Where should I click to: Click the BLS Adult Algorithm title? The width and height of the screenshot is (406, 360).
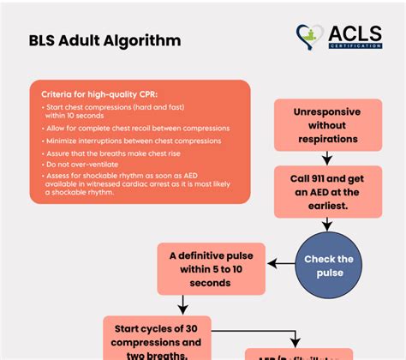tap(104, 40)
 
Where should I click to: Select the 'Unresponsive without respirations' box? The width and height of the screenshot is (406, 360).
tap(326, 124)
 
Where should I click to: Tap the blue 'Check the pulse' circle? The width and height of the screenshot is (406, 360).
tap(329, 266)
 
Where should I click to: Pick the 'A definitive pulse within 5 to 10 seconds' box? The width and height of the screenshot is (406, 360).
tap(210, 268)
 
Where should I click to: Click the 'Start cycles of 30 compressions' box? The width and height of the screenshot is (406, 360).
tap(157, 339)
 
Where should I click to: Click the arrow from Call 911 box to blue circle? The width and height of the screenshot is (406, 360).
tap(327, 226)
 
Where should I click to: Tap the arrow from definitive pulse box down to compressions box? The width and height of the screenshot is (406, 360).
tap(182, 304)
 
